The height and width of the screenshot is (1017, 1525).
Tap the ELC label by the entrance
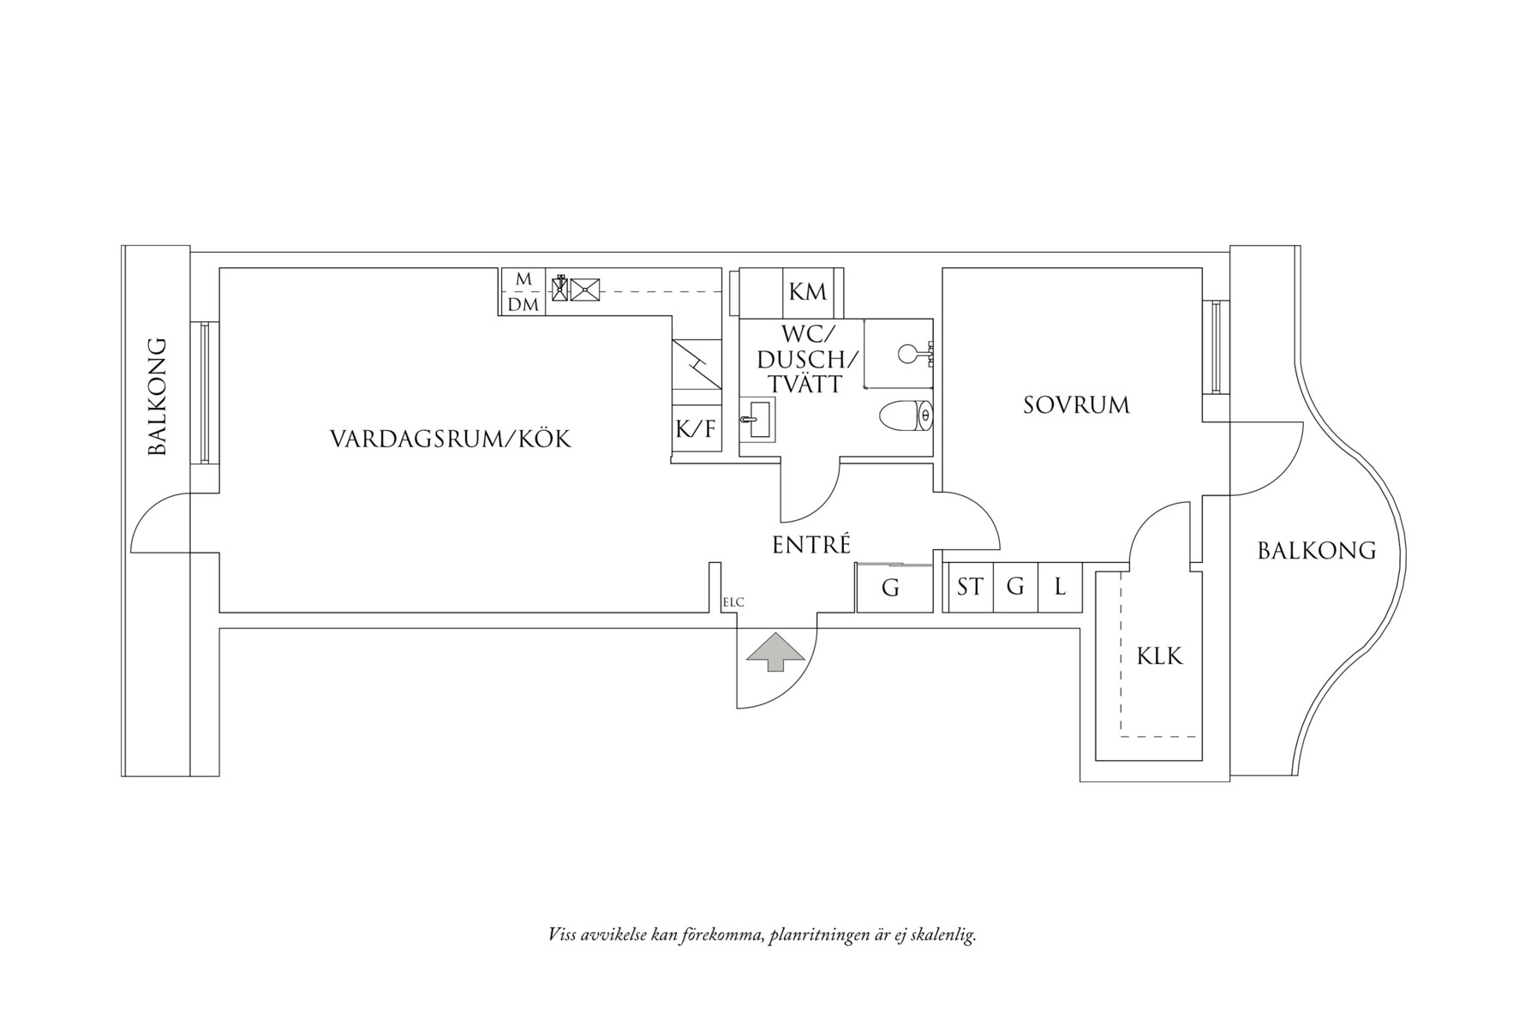pyautogui.click(x=733, y=602)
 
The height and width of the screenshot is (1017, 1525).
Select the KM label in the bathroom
pyautogui.click(x=807, y=292)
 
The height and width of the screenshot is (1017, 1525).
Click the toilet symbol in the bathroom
pyautogui.click(x=906, y=416)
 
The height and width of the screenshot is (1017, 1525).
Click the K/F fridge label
pyautogui.click(x=695, y=428)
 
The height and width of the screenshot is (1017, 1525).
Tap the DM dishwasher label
pyautogui.click(x=523, y=304)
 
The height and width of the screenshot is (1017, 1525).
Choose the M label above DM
pyautogui.click(x=523, y=280)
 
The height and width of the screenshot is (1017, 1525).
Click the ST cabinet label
pyautogui.click(x=970, y=587)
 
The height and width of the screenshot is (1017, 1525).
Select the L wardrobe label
pyautogui.click(x=1060, y=587)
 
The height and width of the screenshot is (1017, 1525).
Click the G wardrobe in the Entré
pyautogui.click(x=891, y=589)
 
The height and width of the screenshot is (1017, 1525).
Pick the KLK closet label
pyautogui.click(x=1159, y=656)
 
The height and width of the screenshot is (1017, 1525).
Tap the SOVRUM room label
pyautogui.click(x=1076, y=405)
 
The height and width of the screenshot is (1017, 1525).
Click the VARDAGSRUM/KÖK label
pyautogui.click(x=451, y=440)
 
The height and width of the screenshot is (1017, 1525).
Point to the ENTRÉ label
pyautogui.click(x=811, y=545)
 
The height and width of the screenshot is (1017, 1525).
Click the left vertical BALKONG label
pyautogui.click(x=157, y=396)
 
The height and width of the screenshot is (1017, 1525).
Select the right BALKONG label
pyautogui.click(x=1316, y=551)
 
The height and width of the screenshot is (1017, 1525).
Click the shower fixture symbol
pyautogui.click(x=913, y=352)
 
